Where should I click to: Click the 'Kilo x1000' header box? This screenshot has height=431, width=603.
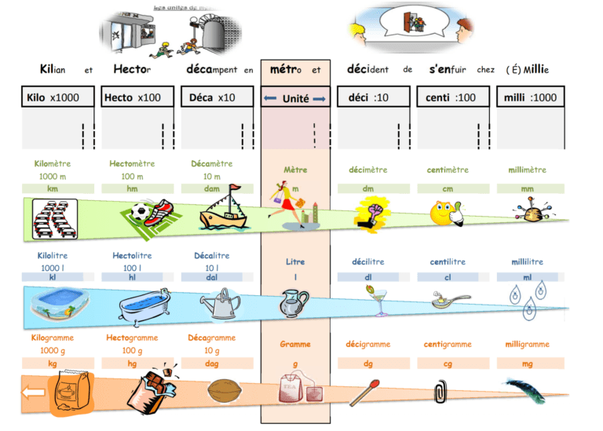click(57, 98)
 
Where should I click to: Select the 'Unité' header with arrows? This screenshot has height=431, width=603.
click(295, 99)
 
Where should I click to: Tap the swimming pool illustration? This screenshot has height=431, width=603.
click(57, 302)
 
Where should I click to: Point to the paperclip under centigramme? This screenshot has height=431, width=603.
click(440, 390)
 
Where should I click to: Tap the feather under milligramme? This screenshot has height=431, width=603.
click(524, 389)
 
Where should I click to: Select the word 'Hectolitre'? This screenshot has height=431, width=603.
click(132, 256)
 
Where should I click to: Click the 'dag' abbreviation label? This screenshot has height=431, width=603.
click(212, 363)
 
